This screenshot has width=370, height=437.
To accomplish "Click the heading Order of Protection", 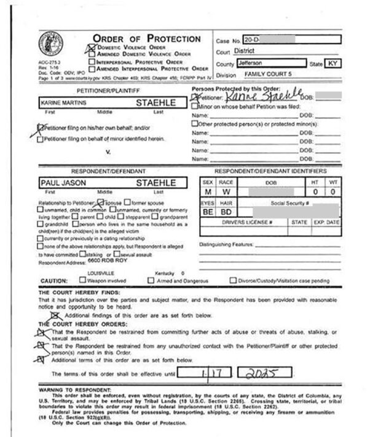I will point(146,38).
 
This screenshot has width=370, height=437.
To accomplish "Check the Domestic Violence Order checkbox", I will point(92,47).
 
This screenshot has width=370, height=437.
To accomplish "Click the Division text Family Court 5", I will point(269,74).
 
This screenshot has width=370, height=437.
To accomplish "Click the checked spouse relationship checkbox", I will point(101,201).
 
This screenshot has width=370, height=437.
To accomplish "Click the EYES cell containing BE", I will point(207,212).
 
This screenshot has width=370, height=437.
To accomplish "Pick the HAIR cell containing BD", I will point(226,212).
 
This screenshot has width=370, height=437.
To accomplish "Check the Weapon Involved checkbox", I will point(82,280).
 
